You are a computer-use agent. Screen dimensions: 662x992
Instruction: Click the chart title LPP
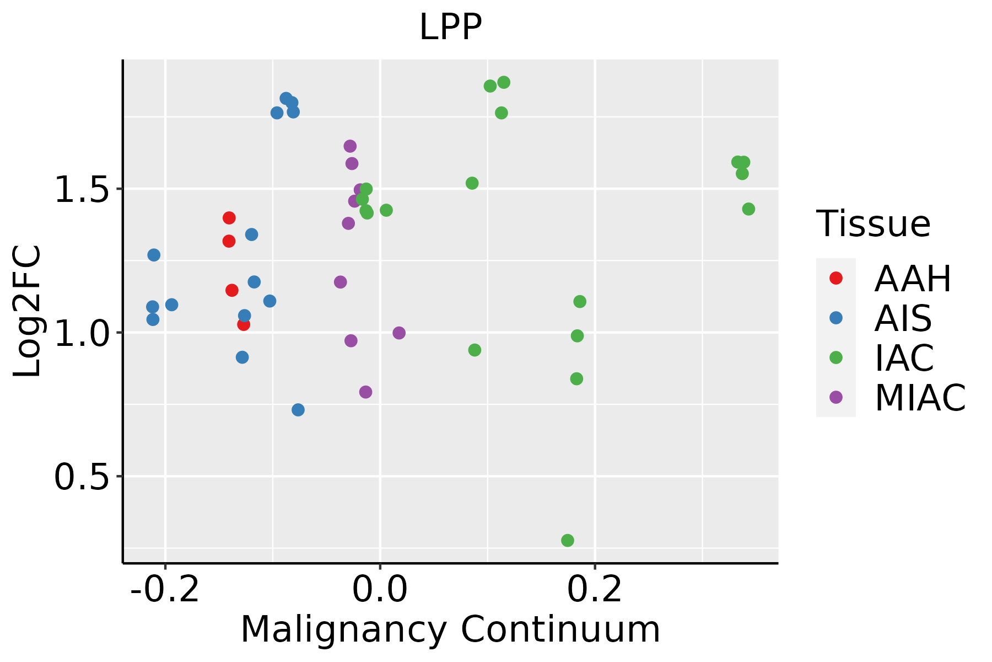point(450,27)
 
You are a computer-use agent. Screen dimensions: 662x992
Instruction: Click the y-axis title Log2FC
point(28,311)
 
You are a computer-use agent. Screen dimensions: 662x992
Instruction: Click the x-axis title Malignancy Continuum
point(450,629)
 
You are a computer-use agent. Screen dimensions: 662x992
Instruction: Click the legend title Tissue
point(874,224)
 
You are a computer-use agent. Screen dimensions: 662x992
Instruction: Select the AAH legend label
point(913,279)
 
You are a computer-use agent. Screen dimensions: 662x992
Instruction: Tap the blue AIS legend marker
point(836,318)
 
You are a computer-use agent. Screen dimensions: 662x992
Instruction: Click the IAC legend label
point(904,357)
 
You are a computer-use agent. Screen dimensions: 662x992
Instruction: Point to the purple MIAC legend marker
point(836,397)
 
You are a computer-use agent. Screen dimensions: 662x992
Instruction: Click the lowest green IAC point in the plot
point(568,540)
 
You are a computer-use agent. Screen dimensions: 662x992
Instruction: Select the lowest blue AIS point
point(298,410)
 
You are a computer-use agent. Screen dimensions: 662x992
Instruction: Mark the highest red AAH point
point(229,218)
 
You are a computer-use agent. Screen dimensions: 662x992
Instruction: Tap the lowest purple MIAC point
point(365,392)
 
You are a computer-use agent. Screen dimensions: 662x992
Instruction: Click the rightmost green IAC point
point(748,209)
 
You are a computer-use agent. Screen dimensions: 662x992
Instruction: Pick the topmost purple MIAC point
point(350,146)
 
